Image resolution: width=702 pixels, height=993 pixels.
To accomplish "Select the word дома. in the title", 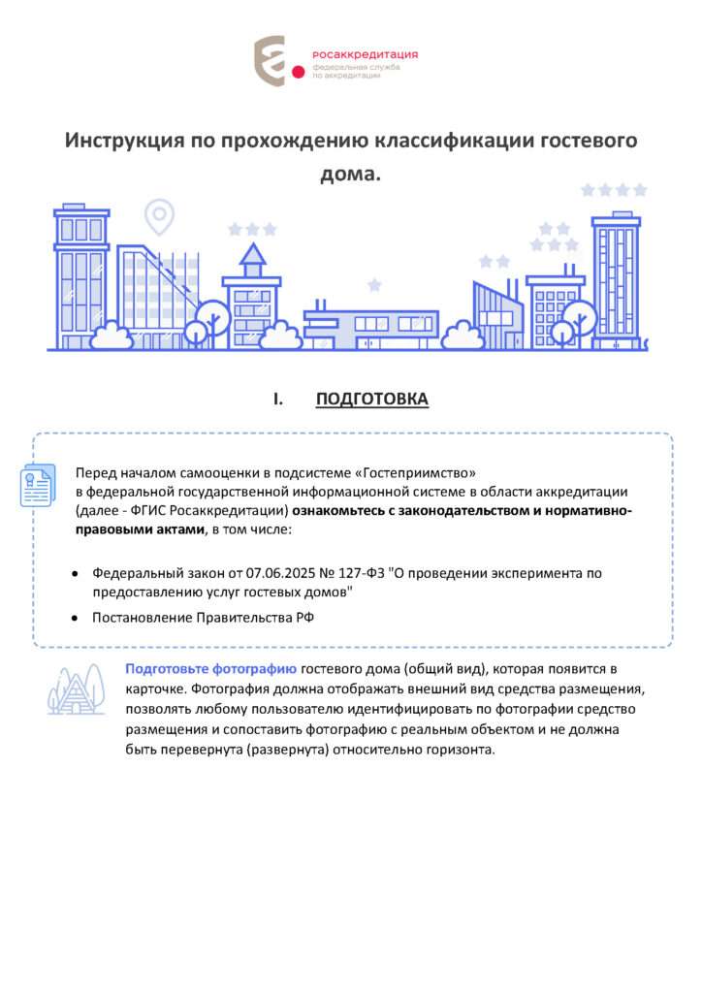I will tap(350, 175).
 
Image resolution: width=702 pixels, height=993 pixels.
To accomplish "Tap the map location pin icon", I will tap(158, 215).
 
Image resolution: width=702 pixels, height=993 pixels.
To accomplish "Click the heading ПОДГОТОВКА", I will tap(371, 400).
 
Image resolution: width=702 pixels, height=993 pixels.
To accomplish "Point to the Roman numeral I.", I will tap(277, 400).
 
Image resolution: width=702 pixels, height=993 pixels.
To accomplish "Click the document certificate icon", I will tap(39, 486).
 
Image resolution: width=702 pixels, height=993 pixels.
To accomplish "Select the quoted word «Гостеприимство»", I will tap(417, 473).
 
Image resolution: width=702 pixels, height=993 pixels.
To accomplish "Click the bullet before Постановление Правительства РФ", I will tap(75, 618).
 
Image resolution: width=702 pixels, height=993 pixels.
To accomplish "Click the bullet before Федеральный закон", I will tap(75, 573).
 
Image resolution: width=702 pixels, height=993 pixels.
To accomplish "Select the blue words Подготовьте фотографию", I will tap(210, 669).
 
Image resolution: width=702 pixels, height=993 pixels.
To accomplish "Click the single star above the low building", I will tap(374, 284).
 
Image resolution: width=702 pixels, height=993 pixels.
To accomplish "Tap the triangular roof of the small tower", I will tap(252, 255).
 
